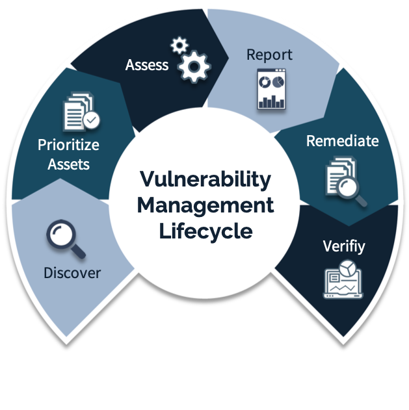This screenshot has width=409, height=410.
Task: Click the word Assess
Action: (147, 65)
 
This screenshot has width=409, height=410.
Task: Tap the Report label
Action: (269, 55)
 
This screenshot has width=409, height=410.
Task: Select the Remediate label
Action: (342, 141)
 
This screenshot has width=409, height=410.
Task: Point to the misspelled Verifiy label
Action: (344, 246)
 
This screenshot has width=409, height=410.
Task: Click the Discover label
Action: (72, 273)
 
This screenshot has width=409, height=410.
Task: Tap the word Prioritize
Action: (68, 145)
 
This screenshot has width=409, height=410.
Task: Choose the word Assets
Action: (68, 164)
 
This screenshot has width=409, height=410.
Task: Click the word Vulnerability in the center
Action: (205, 180)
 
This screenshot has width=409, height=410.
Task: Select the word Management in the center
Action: (205, 206)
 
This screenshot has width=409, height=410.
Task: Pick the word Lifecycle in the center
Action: (205, 231)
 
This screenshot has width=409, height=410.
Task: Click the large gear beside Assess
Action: (194, 67)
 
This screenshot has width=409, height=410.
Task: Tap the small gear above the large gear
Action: (179, 45)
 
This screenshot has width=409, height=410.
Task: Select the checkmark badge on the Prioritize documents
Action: (92, 120)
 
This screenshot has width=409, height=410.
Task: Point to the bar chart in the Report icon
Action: (271, 102)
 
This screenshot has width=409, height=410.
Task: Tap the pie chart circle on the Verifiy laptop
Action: (347, 268)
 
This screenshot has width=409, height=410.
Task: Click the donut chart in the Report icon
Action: (264, 82)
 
